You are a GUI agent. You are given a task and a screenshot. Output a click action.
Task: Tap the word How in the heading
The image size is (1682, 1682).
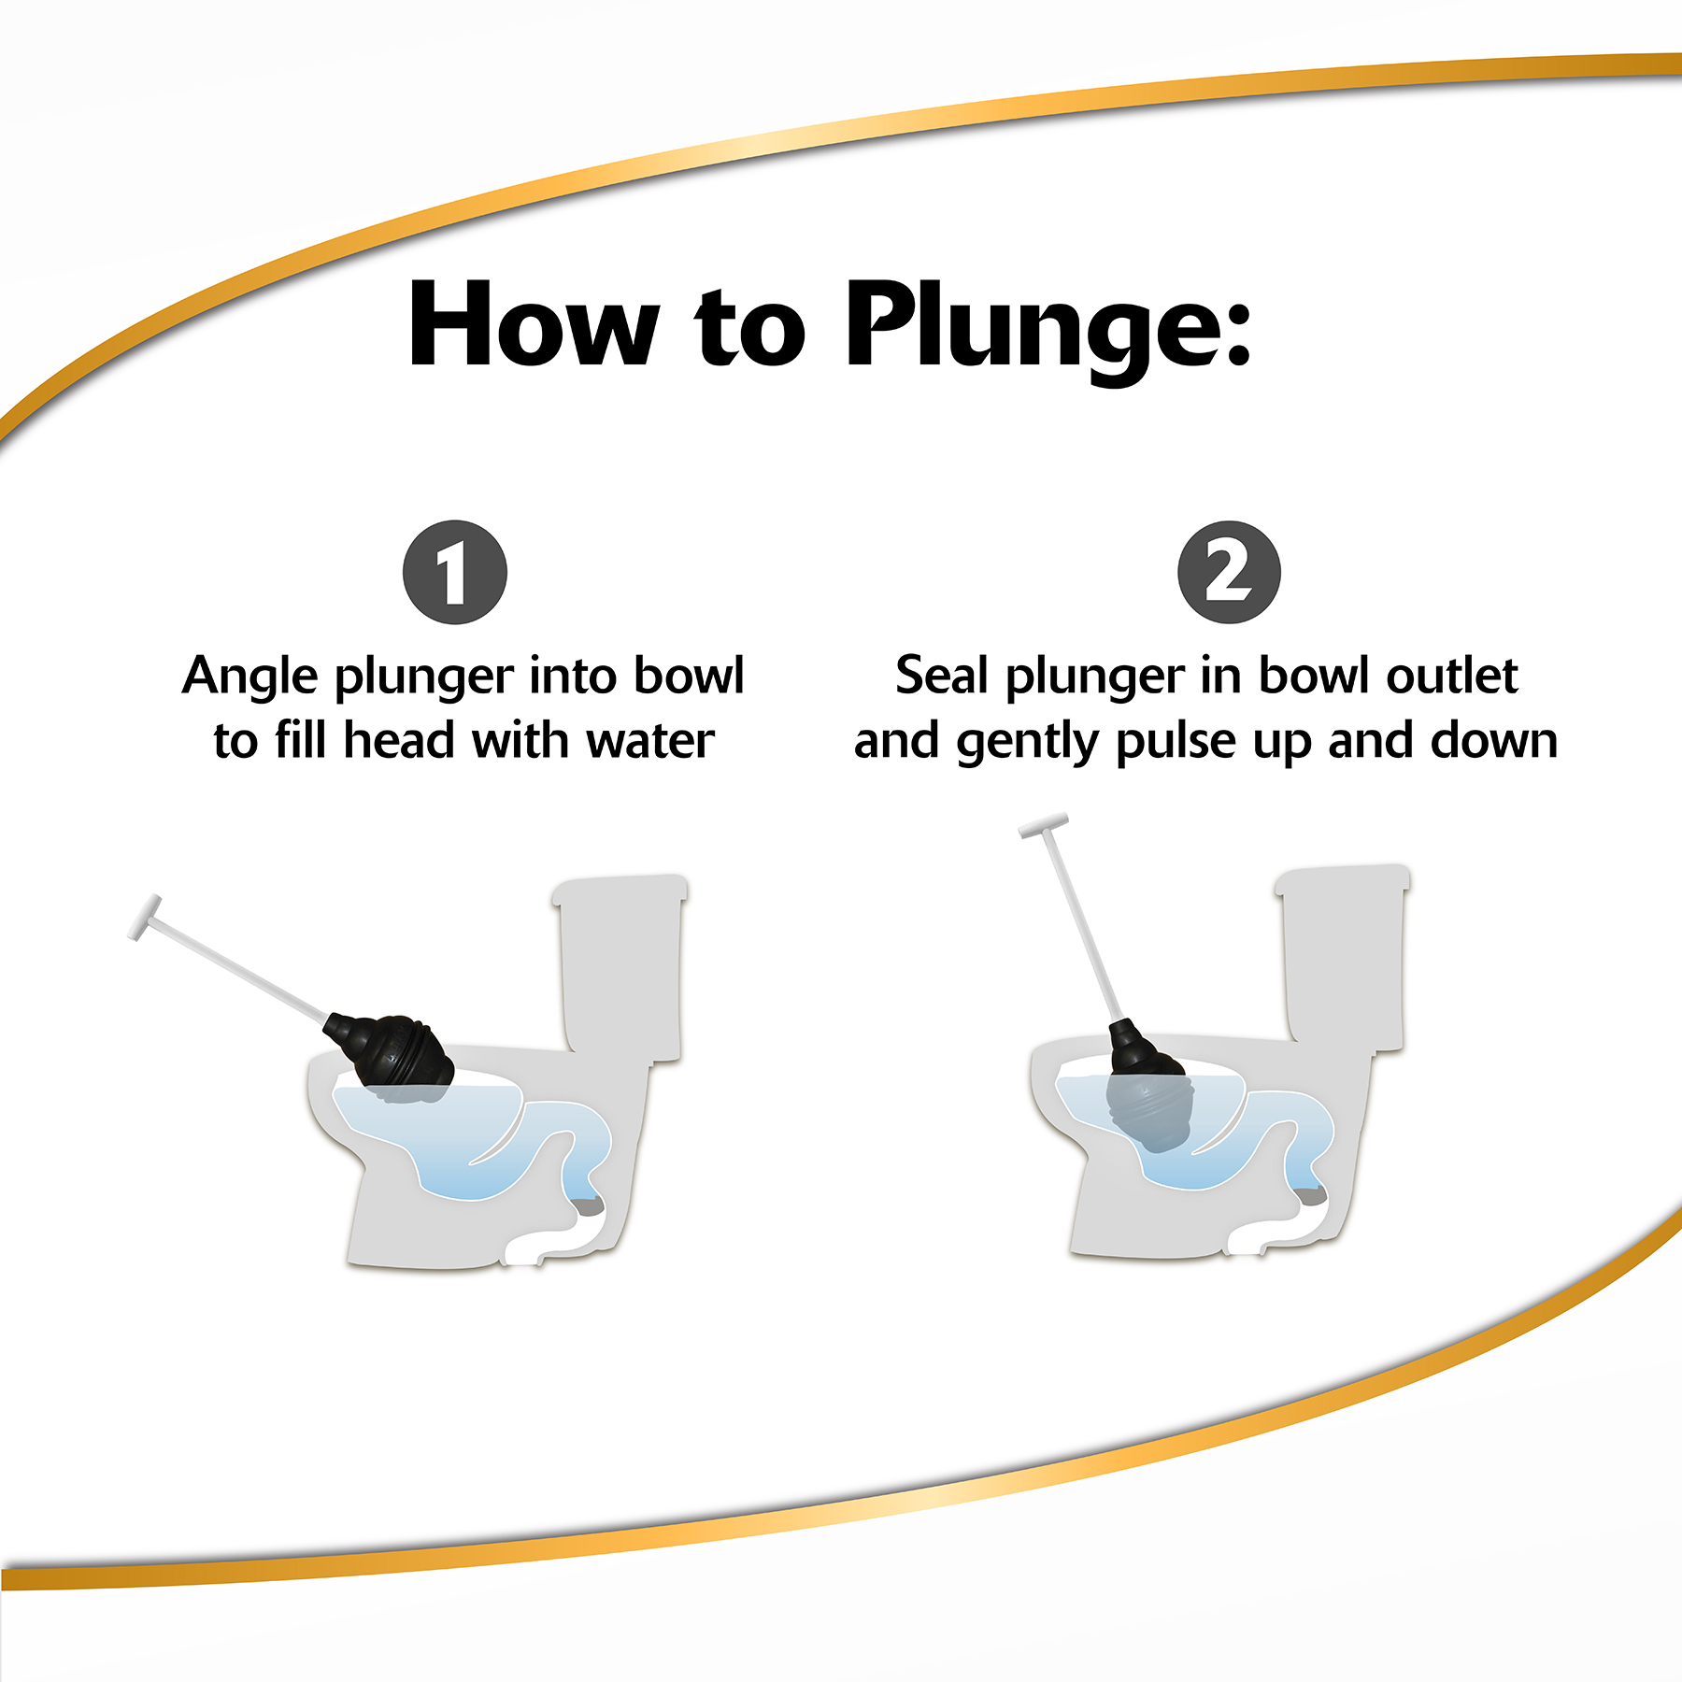[x=534, y=323]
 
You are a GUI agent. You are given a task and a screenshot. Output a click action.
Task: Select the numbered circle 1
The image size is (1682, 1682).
[x=455, y=572]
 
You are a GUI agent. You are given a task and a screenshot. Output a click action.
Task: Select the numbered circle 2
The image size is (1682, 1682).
[x=1229, y=572]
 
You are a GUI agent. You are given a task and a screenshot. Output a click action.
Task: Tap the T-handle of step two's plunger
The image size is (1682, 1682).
[x=1044, y=826]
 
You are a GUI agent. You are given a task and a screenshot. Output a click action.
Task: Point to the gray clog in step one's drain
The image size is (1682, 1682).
[x=590, y=1206]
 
